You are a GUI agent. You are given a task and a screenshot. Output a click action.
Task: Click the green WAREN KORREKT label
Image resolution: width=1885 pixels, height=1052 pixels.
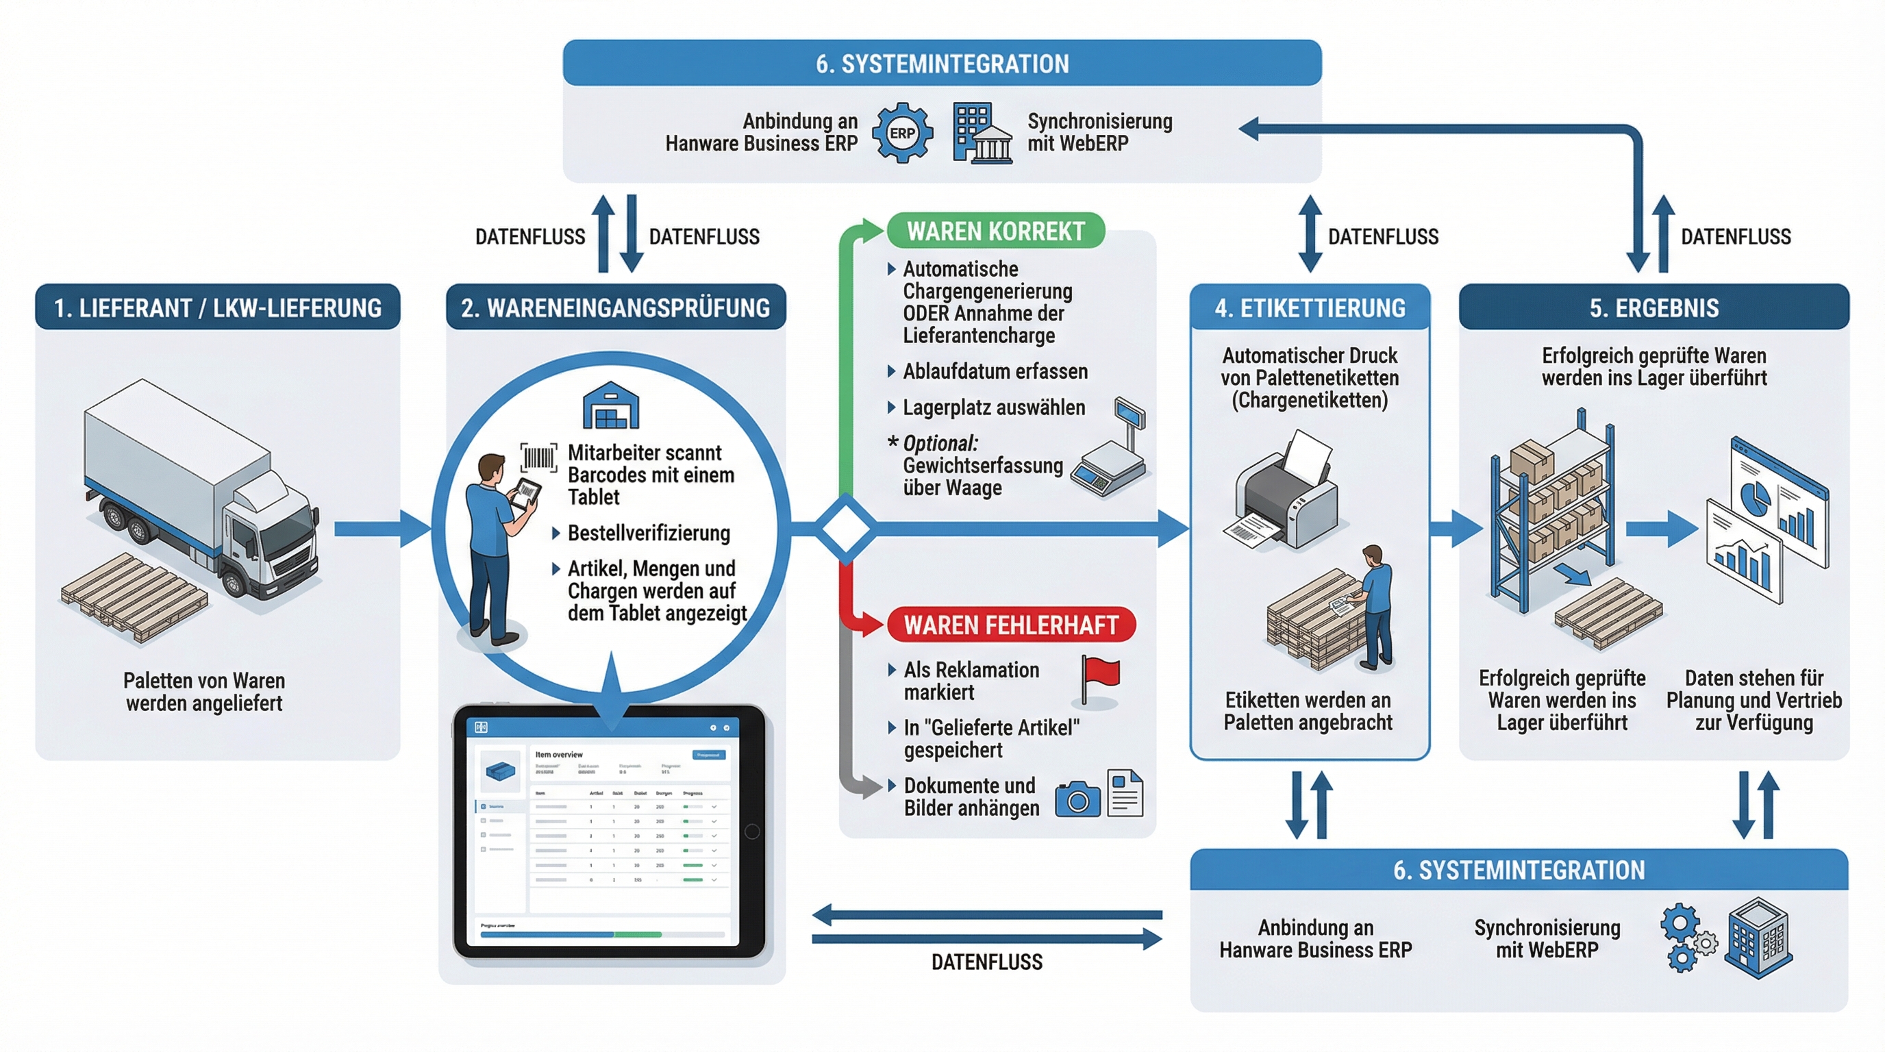click(995, 231)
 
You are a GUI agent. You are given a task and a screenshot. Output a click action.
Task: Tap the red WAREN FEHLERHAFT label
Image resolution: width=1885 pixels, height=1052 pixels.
click(1010, 625)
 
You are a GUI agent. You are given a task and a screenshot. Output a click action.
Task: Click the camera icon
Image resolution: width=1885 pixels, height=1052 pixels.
click(1077, 798)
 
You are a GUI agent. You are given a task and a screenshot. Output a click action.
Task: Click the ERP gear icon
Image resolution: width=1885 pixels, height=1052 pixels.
click(902, 133)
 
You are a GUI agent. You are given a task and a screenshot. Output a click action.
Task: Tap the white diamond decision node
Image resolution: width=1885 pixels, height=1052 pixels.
click(845, 527)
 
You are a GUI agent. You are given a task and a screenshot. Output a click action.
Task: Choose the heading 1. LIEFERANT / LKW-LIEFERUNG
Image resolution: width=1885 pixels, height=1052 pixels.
click(217, 308)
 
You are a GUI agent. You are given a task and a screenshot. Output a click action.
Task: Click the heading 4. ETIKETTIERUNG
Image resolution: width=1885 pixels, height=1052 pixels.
click(1310, 308)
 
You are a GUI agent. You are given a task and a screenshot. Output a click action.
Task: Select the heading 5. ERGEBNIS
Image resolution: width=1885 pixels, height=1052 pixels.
click(1653, 308)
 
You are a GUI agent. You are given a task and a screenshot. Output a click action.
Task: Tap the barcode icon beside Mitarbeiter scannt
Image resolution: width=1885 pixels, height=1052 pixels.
click(538, 458)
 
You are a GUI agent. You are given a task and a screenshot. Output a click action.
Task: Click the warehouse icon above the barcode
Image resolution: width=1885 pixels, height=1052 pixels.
click(610, 405)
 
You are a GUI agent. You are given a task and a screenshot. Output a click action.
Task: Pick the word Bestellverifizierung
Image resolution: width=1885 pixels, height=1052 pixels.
click(649, 533)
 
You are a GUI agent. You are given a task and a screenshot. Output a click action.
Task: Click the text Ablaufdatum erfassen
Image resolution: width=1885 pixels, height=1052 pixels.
click(995, 372)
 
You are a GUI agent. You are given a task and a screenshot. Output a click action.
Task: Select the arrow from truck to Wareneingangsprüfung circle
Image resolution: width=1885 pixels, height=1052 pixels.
click(382, 528)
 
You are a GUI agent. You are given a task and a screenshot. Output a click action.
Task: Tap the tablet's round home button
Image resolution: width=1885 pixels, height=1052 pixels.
click(751, 831)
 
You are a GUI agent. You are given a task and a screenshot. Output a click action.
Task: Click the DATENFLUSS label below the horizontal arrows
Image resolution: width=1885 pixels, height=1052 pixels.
click(986, 962)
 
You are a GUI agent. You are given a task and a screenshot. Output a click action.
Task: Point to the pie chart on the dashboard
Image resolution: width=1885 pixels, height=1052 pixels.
click(1753, 497)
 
